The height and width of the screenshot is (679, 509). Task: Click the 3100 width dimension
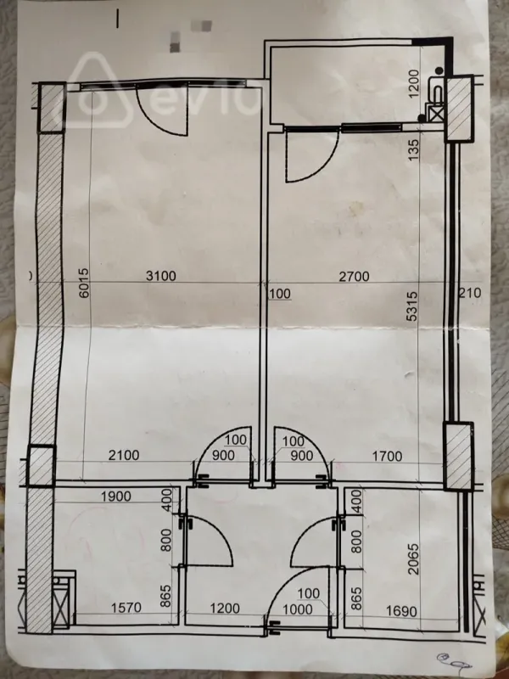tap(162, 275)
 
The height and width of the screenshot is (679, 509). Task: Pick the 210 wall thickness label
tap(471, 294)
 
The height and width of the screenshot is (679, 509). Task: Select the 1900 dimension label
tap(115, 496)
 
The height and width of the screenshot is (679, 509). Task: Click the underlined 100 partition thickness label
tap(280, 294)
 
